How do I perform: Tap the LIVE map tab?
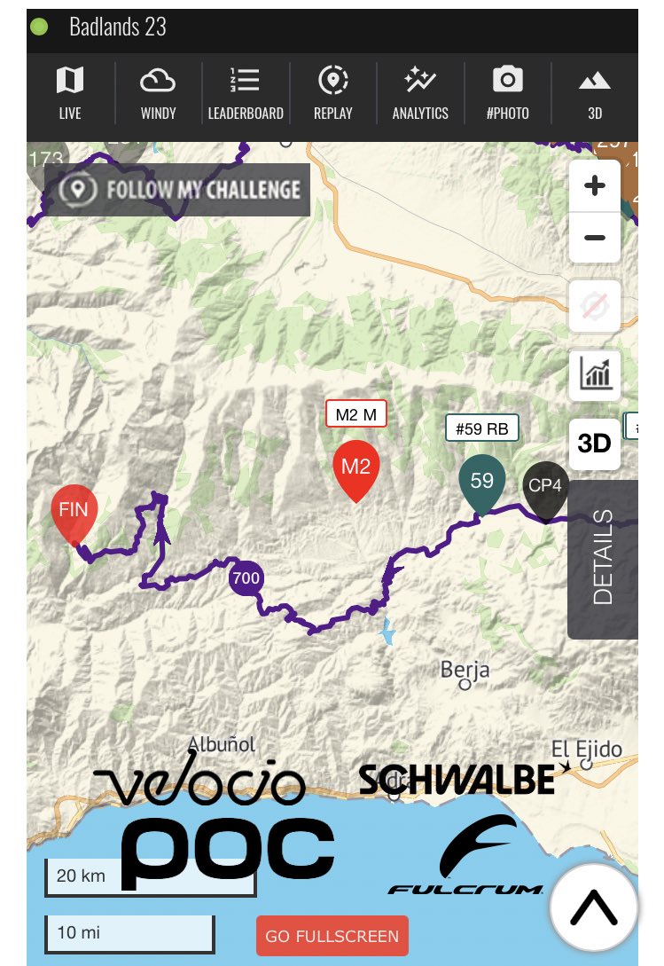click(x=69, y=92)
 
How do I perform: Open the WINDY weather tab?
click(x=158, y=92)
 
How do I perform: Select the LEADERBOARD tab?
click(x=246, y=92)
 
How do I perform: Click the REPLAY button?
click(x=332, y=92)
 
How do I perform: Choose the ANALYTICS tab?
click(x=420, y=92)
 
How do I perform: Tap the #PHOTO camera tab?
click(x=507, y=92)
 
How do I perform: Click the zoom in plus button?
click(x=595, y=186)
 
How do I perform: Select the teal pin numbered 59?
click(x=481, y=483)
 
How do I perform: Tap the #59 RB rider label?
click(x=481, y=429)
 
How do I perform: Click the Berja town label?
click(x=465, y=670)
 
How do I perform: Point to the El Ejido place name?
click(x=586, y=748)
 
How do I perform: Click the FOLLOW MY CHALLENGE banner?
click(x=178, y=189)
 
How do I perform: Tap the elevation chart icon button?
click(x=595, y=374)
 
